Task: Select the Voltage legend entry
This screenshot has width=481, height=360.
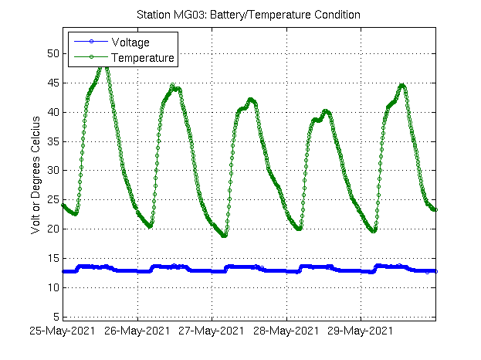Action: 130,42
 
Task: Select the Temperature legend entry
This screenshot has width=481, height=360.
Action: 143,58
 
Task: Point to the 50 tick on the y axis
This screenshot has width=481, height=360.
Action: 52,53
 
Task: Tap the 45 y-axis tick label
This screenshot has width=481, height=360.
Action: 52,83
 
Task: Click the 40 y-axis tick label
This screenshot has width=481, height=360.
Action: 52,112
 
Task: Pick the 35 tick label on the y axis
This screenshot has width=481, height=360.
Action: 52,141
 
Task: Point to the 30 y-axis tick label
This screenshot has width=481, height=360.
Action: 52,171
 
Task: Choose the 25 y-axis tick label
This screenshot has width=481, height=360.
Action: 52,200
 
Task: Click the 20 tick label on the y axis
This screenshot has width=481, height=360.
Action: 52,229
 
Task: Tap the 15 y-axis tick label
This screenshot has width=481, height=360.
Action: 52,258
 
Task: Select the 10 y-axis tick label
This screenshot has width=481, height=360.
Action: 52,287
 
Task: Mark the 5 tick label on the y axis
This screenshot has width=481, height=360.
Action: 55,317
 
